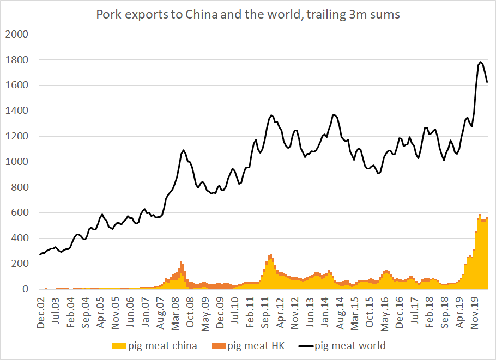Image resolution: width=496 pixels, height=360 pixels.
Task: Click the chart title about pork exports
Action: click(248, 15)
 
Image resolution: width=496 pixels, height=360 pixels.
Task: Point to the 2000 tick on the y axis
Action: click(17, 34)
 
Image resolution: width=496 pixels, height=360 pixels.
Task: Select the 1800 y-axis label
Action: click(17, 60)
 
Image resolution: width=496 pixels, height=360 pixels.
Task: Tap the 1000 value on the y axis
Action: click(17, 162)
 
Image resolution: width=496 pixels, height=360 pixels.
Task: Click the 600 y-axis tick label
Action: click(20, 213)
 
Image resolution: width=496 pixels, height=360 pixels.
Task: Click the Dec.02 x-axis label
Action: click(41, 313)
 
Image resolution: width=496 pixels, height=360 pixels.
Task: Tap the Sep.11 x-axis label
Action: click(264, 313)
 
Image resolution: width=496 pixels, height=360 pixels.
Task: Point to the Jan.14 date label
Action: click(323, 313)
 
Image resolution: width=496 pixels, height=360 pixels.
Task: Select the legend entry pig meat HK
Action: click(256, 345)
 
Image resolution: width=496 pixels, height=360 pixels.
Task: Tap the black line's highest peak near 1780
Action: click(480, 62)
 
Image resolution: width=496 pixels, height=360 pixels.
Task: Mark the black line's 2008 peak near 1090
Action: click(183, 150)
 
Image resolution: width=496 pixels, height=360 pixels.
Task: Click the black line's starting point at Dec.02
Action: click(40, 255)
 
